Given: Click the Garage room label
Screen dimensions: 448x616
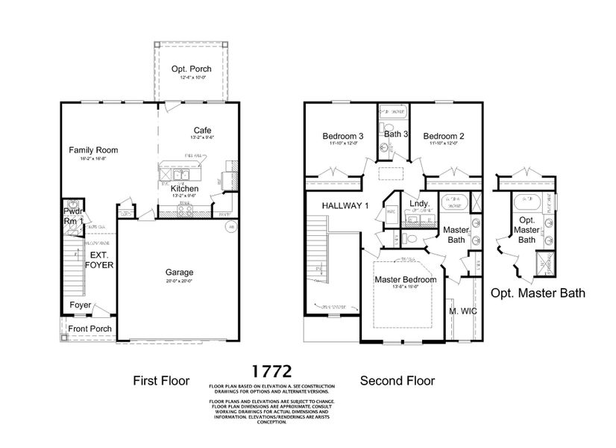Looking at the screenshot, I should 179,273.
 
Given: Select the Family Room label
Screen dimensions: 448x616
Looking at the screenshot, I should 93,150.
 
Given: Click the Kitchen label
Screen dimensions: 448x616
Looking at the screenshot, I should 184,190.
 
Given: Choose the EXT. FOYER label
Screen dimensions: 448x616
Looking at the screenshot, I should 98,258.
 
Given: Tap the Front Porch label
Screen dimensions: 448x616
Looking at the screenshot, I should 89,329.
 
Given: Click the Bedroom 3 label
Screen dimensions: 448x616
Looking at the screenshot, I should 342,137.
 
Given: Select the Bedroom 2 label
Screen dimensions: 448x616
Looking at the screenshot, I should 444,137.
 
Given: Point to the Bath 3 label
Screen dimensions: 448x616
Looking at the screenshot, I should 395,134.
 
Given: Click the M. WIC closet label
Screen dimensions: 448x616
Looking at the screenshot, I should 462,311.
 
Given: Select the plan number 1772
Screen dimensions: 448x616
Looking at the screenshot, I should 271,370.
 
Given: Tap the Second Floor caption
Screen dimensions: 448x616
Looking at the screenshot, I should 397,381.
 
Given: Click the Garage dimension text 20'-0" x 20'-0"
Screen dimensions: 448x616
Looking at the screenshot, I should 179,281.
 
